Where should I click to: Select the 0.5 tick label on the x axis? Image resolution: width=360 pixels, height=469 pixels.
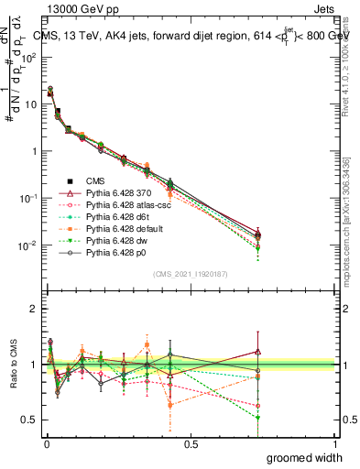(191, 442)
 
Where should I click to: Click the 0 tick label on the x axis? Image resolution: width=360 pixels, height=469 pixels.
(46, 442)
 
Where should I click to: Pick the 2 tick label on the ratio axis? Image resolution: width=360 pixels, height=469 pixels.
(32, 309)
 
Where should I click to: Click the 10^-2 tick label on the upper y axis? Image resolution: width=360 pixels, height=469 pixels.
(27, 245)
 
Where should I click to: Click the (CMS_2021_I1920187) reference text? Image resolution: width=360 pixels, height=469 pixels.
(191, 275)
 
